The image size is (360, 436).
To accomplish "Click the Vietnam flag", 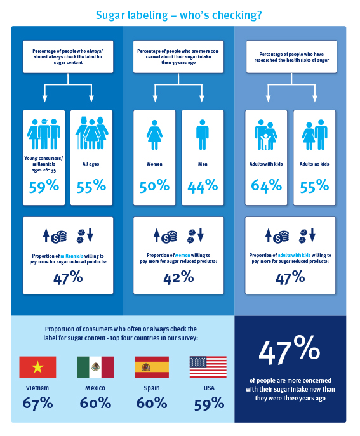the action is pyautogui.click(x=37, y=367).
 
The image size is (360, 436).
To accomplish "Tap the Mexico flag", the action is pyautogui.click(x=95, y=367).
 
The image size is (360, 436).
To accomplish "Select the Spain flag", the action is pyautogui.click(x=152, y=367).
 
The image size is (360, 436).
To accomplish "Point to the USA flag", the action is pyautogui.click(x=208, y=367).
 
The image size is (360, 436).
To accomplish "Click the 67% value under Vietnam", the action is pyautogui.click(x=37, y=403).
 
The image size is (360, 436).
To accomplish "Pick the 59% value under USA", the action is pyautogui.click(x=210, y=404).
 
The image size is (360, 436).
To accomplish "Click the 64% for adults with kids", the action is pyautogui.click(x=266, y=186).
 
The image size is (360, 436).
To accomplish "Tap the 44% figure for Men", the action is pyautogui.click(x=203, y=186).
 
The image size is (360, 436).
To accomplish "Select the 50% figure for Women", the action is pyautogui.click(x=154, y=186).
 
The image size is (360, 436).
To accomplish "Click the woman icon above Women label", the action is pyautogui.click(x=154, y=135).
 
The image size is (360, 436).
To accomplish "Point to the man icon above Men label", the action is pyautogui.click(x=203, y=135).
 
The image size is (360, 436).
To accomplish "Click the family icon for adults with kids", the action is pyautogui.click(x=266, y=135).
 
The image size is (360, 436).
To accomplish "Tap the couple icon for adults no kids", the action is pyautogui.click(x=315, y=135).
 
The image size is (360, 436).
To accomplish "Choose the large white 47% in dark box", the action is pyautogui.click(x=290, y=350).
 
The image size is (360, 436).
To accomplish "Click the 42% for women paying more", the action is pyautogui.click(x=178, y=277).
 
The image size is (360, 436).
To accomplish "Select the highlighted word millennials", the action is pyautogui.click(x=72, y=256).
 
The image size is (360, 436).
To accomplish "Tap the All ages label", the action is pyautogui.click(x=91, y=164).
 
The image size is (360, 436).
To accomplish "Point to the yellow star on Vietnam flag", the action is pyautogui.click(x=37, y=367).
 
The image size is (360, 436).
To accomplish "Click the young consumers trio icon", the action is pyautogui.click(x=43, y=135).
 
